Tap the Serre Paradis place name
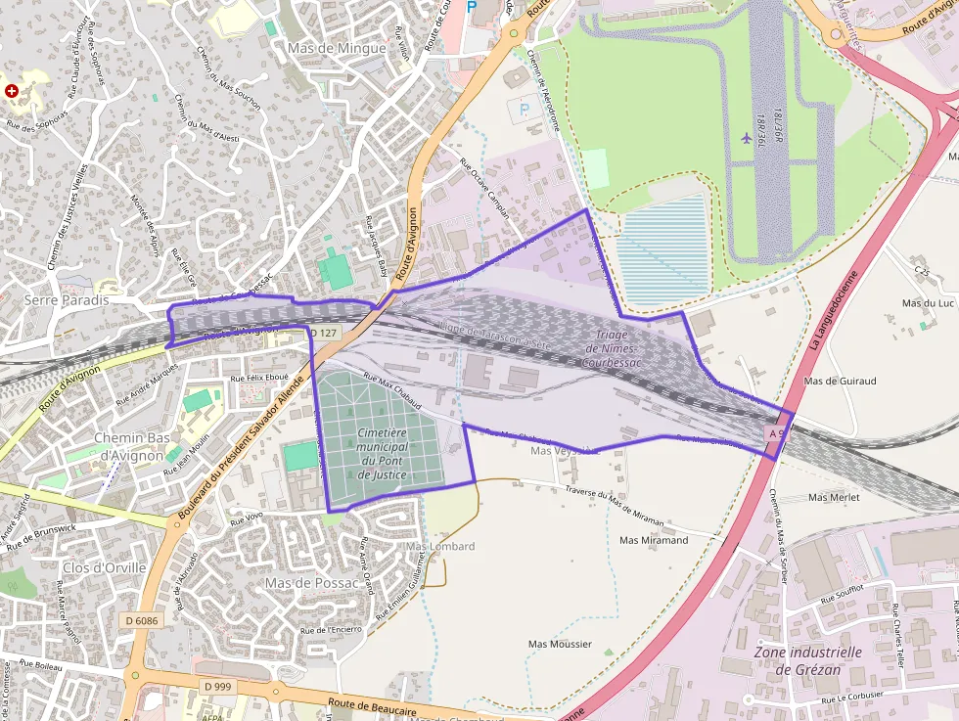click(x=67, y=300)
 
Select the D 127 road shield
click(x=326, y=334)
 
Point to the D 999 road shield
click(x=218, y=687)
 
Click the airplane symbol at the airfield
click(x=748, y=135)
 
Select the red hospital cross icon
click(x=12, y=90)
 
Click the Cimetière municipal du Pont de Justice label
click(x=383, y=453)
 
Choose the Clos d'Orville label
click(x=104, y=567)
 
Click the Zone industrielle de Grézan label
click(x=808, y=660)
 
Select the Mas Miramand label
click(x=654, y=540)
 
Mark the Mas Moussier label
click(x=560, y=644)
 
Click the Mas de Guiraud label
click(x=839, y=381)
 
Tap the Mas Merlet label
click(x=834, y=497)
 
